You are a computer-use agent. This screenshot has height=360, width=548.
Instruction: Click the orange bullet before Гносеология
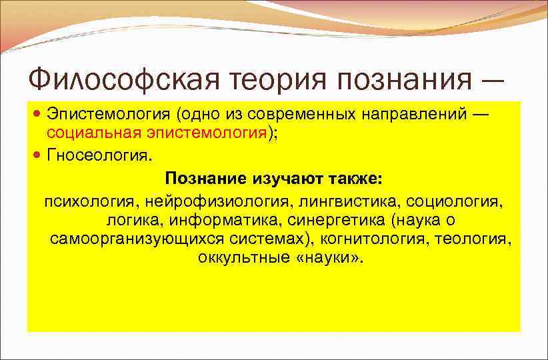coord(38,156)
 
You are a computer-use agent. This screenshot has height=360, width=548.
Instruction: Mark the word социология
coord(453,200)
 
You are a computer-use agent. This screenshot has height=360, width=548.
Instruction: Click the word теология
coord(473,239)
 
